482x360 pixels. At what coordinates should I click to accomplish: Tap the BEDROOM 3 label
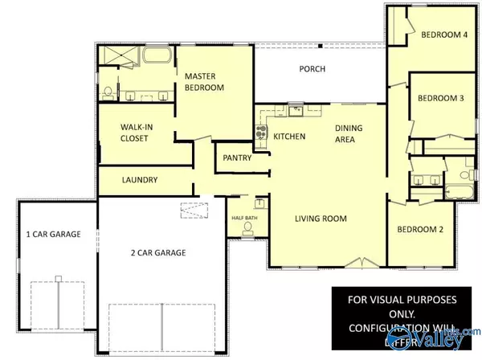440,98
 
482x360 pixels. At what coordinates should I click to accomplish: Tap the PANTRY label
239,158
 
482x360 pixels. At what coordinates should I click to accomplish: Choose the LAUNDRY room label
139,180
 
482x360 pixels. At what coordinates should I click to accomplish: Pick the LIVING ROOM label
319,218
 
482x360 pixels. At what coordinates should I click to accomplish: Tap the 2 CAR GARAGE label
159,252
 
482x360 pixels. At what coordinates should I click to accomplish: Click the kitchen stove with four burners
261,133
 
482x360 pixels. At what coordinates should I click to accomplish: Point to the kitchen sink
295,110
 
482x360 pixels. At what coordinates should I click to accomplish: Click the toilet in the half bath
247,227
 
